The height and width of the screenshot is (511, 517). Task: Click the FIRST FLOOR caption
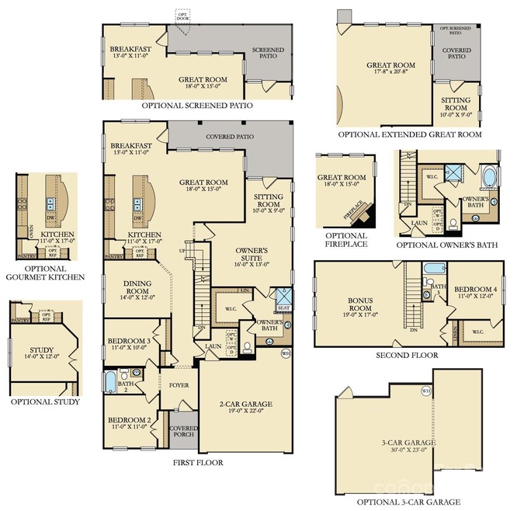point(198,462)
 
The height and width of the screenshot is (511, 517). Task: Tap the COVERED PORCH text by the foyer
point(183,433)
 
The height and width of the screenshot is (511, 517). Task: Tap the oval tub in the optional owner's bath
point(492,180)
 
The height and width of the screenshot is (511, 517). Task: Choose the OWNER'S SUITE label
point(252,252)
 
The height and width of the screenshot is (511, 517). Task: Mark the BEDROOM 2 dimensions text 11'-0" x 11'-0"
point(129,427)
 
